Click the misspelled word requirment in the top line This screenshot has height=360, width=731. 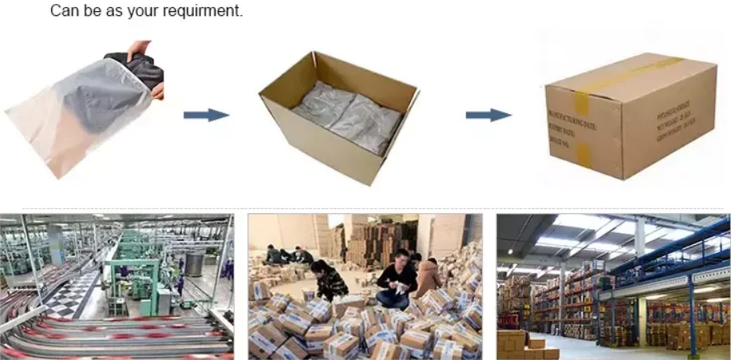[203, 11]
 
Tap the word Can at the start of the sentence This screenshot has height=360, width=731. [65, 11]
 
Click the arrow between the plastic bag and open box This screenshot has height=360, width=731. [206, 115]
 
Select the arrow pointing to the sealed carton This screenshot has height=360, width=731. [488, 115]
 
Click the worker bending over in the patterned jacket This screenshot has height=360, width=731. [329, 280]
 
